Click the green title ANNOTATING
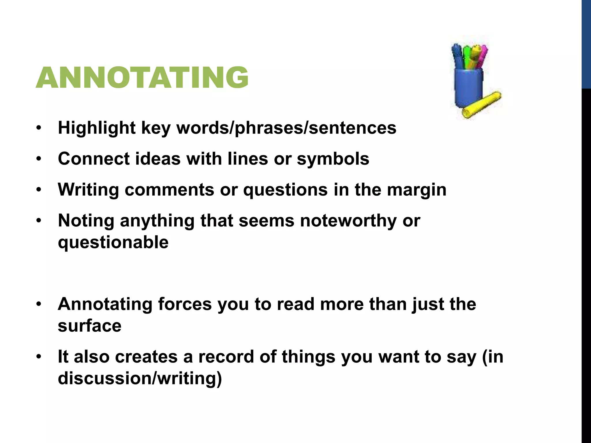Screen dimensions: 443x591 coord(142,77)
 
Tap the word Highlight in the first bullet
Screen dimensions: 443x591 coord(97,128)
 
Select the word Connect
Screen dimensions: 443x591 coord(94,159)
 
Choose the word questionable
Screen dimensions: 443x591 coord(113,242)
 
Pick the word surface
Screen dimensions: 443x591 coord(89,326)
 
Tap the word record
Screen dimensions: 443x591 coord(226,357)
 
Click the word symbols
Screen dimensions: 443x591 coord(333,159)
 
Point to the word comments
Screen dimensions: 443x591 coord(169,190)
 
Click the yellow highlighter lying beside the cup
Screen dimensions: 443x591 coord(482,105)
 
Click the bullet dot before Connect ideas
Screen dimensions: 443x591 coord(39,159)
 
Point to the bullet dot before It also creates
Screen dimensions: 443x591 coord(39,357)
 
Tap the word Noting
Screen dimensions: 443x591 coord(86,221)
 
